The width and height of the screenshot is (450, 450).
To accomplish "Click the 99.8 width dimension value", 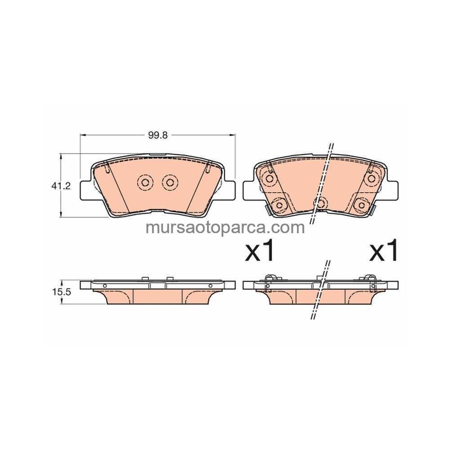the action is (157, 135).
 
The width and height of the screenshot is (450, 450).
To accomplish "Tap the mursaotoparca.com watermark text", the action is (225, 228).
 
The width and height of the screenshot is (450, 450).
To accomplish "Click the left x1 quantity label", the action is (259, 250).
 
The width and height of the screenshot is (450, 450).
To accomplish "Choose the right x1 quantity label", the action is (383, 250).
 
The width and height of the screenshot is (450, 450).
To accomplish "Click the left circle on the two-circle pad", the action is (145, 182).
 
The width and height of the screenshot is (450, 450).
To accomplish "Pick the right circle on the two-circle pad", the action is (170, 182).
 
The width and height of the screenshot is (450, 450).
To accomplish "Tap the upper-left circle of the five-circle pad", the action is (269, 179).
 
